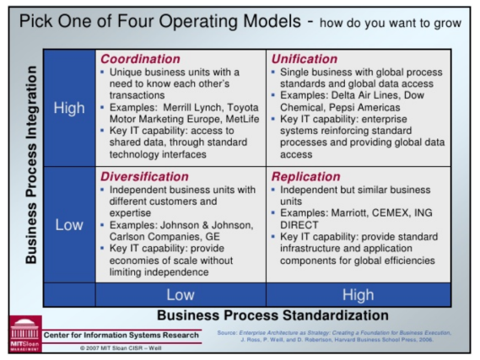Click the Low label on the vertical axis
click(68, 225)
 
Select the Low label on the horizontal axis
click(181, 294)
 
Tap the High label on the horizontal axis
click(359, 294)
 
